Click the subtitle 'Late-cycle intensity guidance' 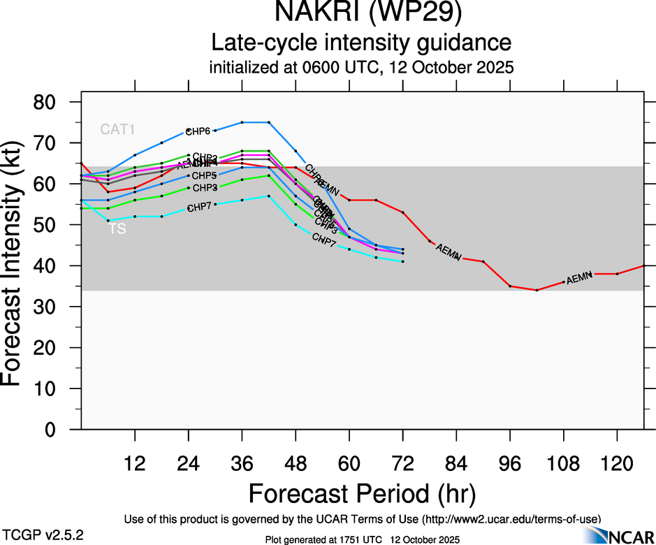(x=362, y=43)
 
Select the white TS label (x=117, y=228)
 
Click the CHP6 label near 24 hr (x=198, y=131)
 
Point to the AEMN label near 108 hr (x=579, y=279)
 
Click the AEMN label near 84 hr (x=448, y=252)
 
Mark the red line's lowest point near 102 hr (x=537, y=290)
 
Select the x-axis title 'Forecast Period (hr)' (x=362, y=493)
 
